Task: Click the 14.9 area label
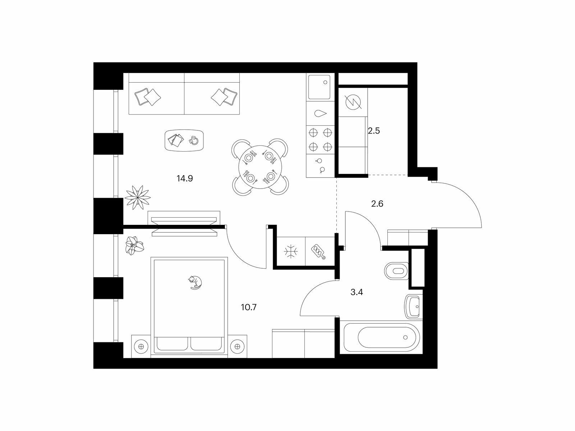pos(185,179)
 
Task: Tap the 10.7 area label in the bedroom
pos(249,307)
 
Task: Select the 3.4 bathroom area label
pos(356,292)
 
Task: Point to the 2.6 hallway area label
pos(377,204)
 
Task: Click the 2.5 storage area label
pos(374,131)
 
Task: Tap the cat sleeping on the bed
pos(195,282)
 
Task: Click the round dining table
pos(260,167)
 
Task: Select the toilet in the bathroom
pos(396,271)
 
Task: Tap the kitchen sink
pos(319,87)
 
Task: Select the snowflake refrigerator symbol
pos(291,252)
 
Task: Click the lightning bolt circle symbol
pos(353,102)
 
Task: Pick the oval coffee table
pos(184,140)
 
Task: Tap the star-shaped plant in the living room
pos(138,197)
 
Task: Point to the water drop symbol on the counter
pos(320,113)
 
